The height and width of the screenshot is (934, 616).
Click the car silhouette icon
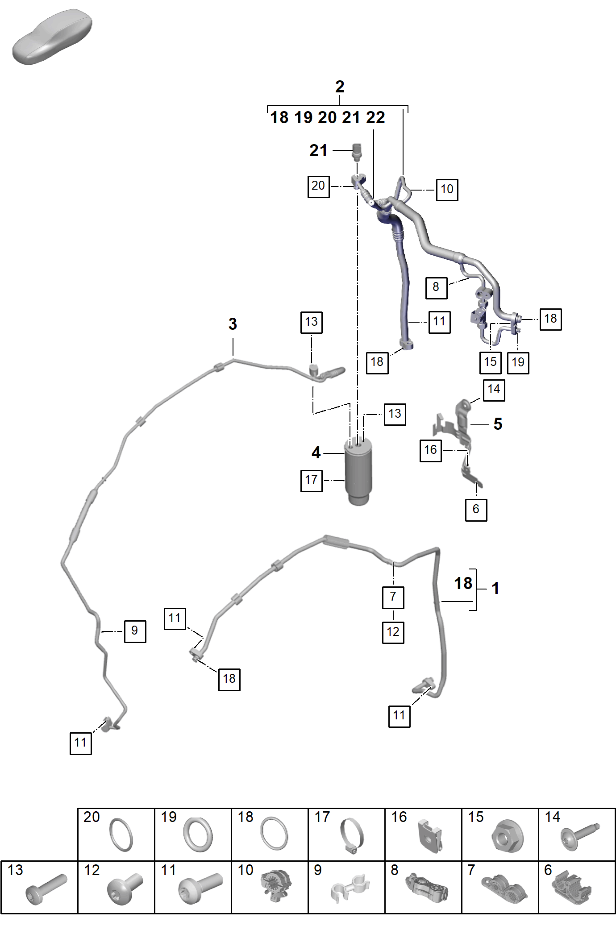[x=52, y=37]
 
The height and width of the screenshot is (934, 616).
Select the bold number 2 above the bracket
[x=340, y=87]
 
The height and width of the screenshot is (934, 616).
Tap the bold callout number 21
[x=318, y=150]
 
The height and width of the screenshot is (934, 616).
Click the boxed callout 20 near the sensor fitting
[x=319, y=187]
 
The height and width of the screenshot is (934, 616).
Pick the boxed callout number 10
[x=447, y=190]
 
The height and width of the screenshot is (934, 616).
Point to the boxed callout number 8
[x=436, y=287]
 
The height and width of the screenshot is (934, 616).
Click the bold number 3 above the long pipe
[x=233, y=324]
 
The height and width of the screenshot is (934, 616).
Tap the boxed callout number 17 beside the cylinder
[x=312, y=481]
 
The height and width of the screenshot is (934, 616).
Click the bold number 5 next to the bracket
[x=498, y=424]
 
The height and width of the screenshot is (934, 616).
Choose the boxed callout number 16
[x=431, y=450]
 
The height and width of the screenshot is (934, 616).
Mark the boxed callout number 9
[x=135, y=631]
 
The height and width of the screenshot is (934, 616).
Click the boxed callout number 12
[x=393, y=632]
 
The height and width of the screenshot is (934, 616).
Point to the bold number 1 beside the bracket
[x=495, y=588]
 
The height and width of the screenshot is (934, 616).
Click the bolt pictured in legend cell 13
[x=46, y=889]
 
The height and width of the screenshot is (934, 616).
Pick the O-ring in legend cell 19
[x=197, y=834]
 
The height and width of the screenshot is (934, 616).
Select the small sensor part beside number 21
[x=357, y=151]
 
